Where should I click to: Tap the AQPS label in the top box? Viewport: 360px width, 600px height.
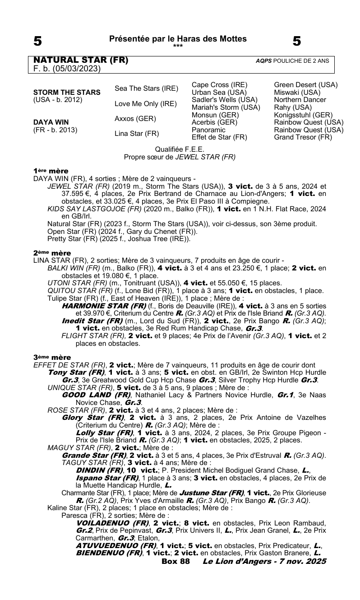(263, 60)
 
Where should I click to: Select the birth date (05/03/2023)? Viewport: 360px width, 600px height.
(76, 69)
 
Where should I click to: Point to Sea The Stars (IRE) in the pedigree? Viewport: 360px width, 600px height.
(147, 88)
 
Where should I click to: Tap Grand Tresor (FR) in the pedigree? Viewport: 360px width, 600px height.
(303, 137)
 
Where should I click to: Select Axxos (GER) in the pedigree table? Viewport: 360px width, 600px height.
(135, 119)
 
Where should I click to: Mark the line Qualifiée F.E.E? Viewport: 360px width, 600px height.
(180, 149)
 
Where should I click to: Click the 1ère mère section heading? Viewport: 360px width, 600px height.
(51, 171)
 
